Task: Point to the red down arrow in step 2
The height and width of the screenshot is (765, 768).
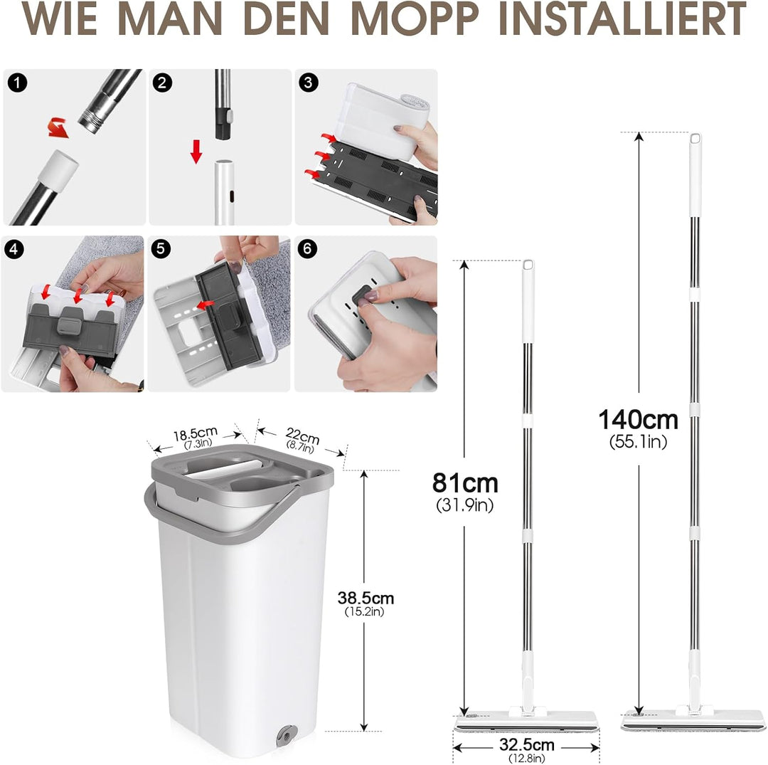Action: pos(197,149)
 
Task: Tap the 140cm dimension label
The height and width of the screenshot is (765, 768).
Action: pos(638,420)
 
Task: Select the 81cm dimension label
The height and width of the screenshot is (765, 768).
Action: pos(465,483)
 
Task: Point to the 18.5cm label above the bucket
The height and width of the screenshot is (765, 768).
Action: pos(195,434)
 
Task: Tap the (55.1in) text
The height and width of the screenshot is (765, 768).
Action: pos(638,442)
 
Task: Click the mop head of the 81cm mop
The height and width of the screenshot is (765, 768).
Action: pos(527,719)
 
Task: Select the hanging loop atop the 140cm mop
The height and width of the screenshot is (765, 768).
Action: pos(695,139)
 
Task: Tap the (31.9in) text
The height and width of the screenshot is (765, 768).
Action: pos(465,505)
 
